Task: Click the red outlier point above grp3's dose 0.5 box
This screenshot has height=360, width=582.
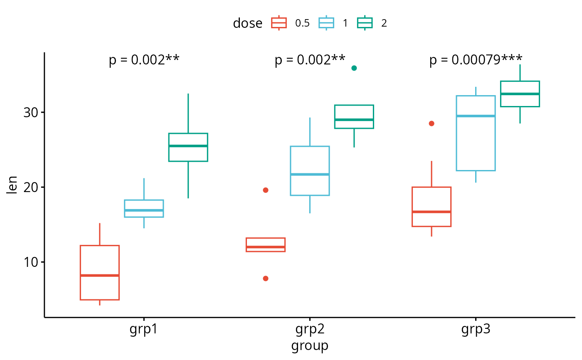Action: [432, 123]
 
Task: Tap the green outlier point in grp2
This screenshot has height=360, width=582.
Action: [354, 68]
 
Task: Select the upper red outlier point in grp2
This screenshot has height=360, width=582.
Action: [266, 190]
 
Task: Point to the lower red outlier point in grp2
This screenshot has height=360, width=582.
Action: [266, 279]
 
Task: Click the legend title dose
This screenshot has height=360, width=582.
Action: [247, 23]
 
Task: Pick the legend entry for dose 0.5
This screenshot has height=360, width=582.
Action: [290, 23]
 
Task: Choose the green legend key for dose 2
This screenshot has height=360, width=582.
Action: [365, 23]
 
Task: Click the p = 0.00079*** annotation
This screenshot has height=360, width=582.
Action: [476, 60]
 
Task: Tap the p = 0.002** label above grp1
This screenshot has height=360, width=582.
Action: [144, 60]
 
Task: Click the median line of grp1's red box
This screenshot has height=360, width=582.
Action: [100, 275]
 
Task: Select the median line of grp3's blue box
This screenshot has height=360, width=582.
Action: [476, 116]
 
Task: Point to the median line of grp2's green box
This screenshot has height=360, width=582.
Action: [354, 120]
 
